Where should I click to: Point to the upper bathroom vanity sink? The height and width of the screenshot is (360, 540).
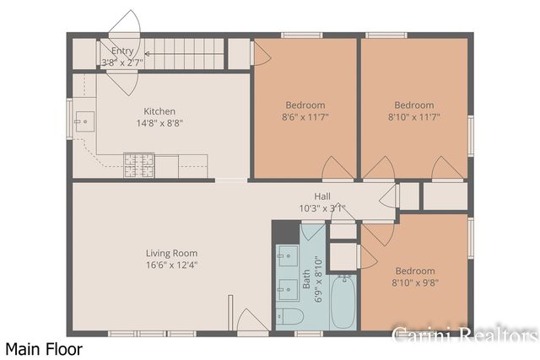pyautogui.click(x=288, y=254)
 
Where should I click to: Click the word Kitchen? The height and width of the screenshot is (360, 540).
pyautogui.click(x=159, y=111)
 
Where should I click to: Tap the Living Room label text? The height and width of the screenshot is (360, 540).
pyautogui.click(x=171, y=252)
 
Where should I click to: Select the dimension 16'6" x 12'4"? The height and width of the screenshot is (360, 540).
pyautogui.click(x=171, y=264)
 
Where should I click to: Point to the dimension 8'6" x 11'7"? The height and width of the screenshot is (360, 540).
pyautogui.click(x=305, y=117)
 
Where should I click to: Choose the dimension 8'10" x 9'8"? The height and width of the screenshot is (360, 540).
pyautogui.click(x=414, y=283)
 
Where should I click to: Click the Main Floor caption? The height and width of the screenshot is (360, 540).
pyautogui.click(x=44, y=347)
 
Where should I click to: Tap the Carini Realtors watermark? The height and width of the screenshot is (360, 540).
pyautogui.click(x=465, y=335)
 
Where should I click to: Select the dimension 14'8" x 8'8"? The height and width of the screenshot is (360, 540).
pyautogui.click(x=159, y=123)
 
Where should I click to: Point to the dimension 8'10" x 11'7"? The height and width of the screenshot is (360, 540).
pyautogui.click(x=414, y=117)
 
